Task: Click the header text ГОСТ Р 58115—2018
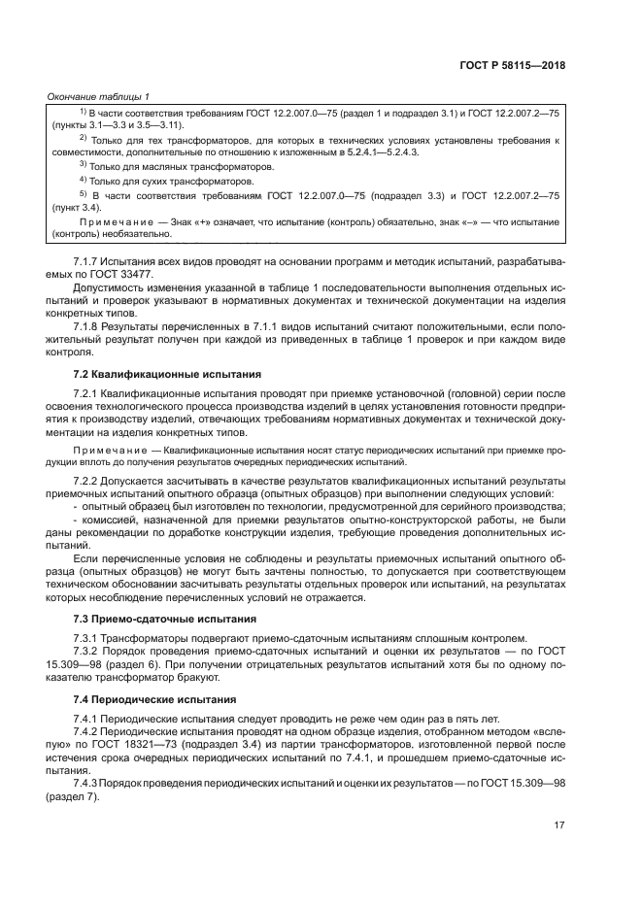click(514, 66)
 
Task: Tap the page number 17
click(559, 824)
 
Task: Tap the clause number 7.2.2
click(88, 481)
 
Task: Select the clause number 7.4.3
click(88, 783)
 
